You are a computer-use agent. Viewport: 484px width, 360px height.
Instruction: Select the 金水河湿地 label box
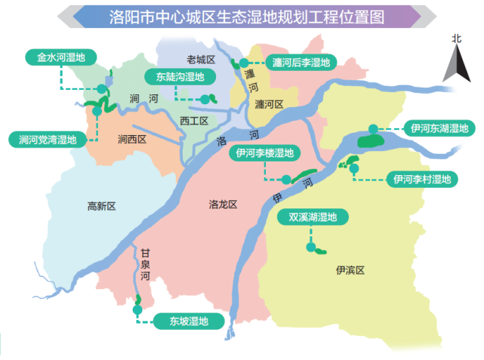56,57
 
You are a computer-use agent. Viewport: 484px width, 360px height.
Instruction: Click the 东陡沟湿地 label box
175,77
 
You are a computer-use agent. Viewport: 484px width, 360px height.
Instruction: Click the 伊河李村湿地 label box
421,179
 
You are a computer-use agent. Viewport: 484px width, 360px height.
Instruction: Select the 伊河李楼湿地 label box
264,153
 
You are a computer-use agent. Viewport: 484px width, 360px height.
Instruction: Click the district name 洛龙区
223,205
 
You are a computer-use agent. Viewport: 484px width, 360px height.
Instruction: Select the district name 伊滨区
350,269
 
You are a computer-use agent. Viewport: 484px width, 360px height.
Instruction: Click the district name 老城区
200,59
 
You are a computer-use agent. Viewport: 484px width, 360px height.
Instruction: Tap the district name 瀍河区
269,105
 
